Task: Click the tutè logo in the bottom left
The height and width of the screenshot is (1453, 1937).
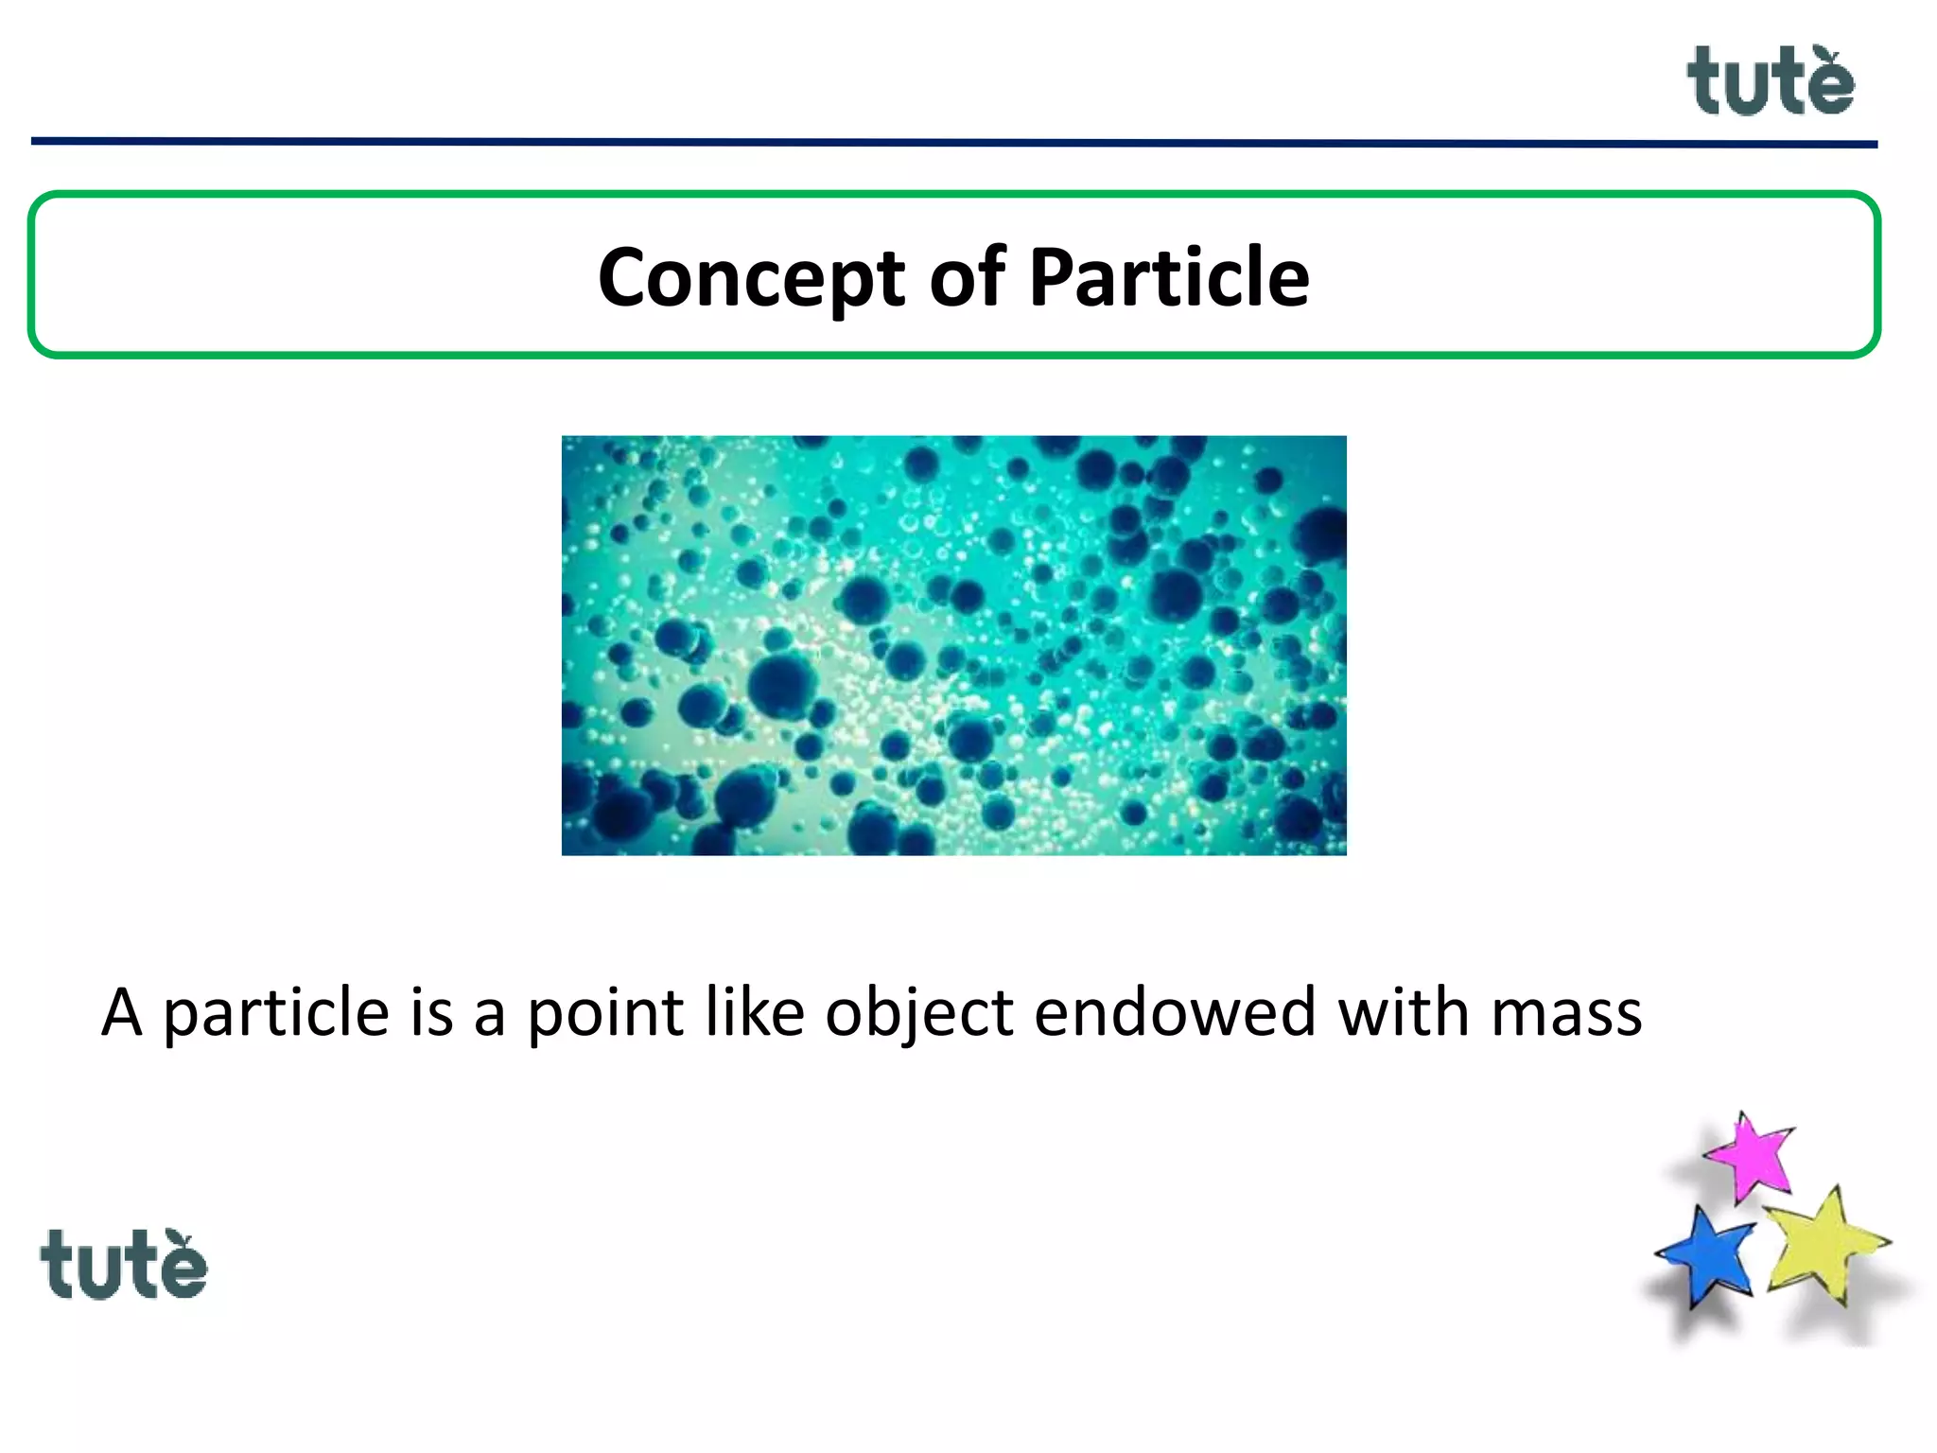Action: pos(123,1265)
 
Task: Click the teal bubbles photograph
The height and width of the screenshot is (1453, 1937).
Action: pos(953,645)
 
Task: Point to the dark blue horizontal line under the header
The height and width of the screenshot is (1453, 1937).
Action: pos(953,143)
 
